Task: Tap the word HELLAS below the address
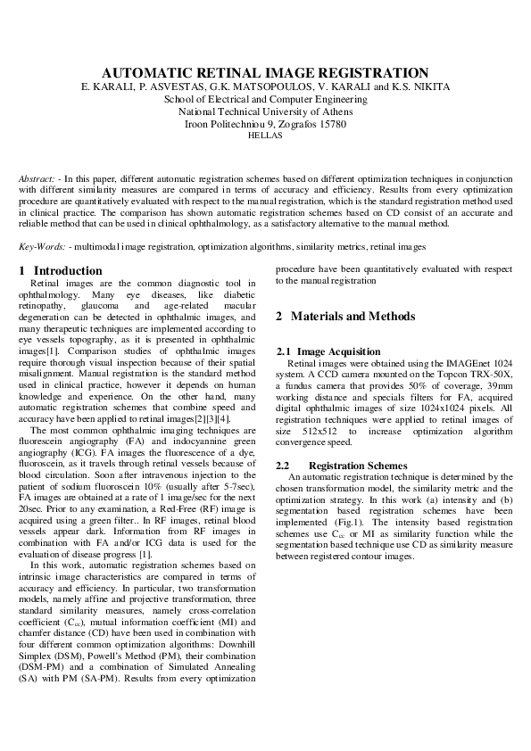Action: pyautogui.click(x=265, y=136)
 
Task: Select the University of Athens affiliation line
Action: pyautogui.click(x=265, y=111)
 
